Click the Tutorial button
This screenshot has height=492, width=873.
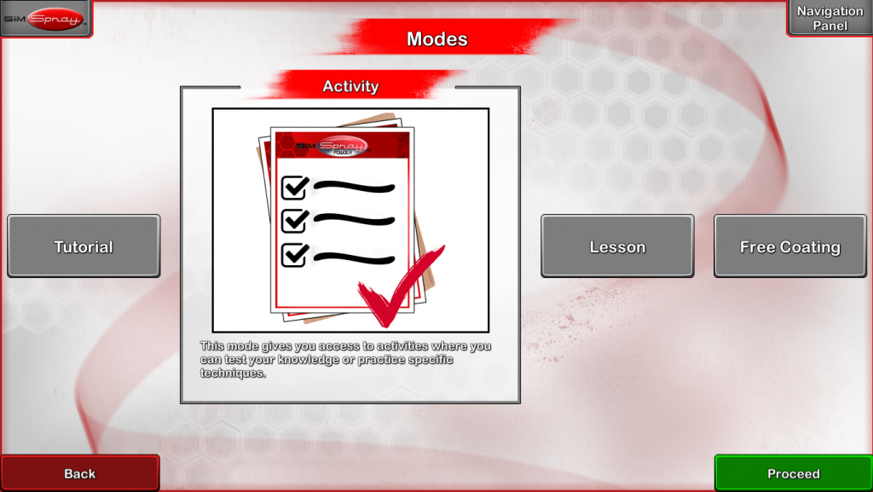84,246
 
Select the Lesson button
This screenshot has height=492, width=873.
617,246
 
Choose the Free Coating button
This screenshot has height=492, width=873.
790,246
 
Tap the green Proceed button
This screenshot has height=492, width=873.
794,473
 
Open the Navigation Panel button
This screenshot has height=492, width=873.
830,18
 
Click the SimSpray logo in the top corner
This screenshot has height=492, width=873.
46,19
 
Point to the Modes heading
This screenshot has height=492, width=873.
437,39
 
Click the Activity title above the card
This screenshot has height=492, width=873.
350,86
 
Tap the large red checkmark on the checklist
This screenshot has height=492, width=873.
401,286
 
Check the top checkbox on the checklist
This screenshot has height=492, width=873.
295,187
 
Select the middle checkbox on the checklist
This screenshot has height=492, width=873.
295,220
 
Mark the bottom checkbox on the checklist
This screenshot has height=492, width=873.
295,254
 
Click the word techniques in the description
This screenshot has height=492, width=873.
233,373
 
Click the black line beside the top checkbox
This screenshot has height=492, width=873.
354,187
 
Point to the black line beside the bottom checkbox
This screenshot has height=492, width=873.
354,258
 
